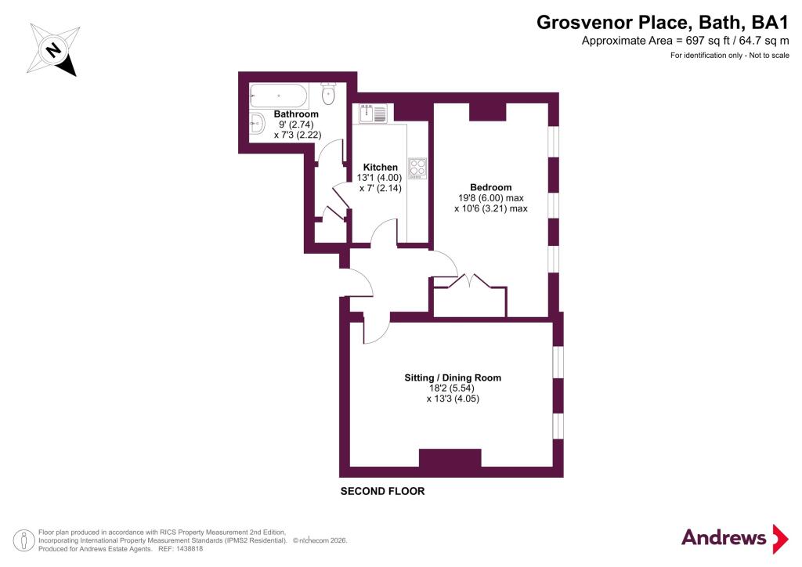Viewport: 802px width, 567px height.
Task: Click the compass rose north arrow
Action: click(53, 50)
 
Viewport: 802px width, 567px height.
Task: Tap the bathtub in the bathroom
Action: click(278, 96)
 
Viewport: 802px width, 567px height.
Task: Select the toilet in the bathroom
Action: click(329, 95)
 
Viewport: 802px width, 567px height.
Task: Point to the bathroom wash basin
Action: click(256, 121)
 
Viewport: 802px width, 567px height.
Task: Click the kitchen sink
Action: click(372, 114)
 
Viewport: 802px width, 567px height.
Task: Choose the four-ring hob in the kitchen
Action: click(417, 168)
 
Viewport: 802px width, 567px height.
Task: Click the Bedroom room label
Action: click(490, 187)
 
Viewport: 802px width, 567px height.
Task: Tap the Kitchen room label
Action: click(381, 168)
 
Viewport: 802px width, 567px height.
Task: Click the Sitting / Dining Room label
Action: click(453, 377)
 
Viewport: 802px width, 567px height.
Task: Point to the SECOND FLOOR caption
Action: click(382, 492)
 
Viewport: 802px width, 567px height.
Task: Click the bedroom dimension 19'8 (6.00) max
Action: click(490, 198)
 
